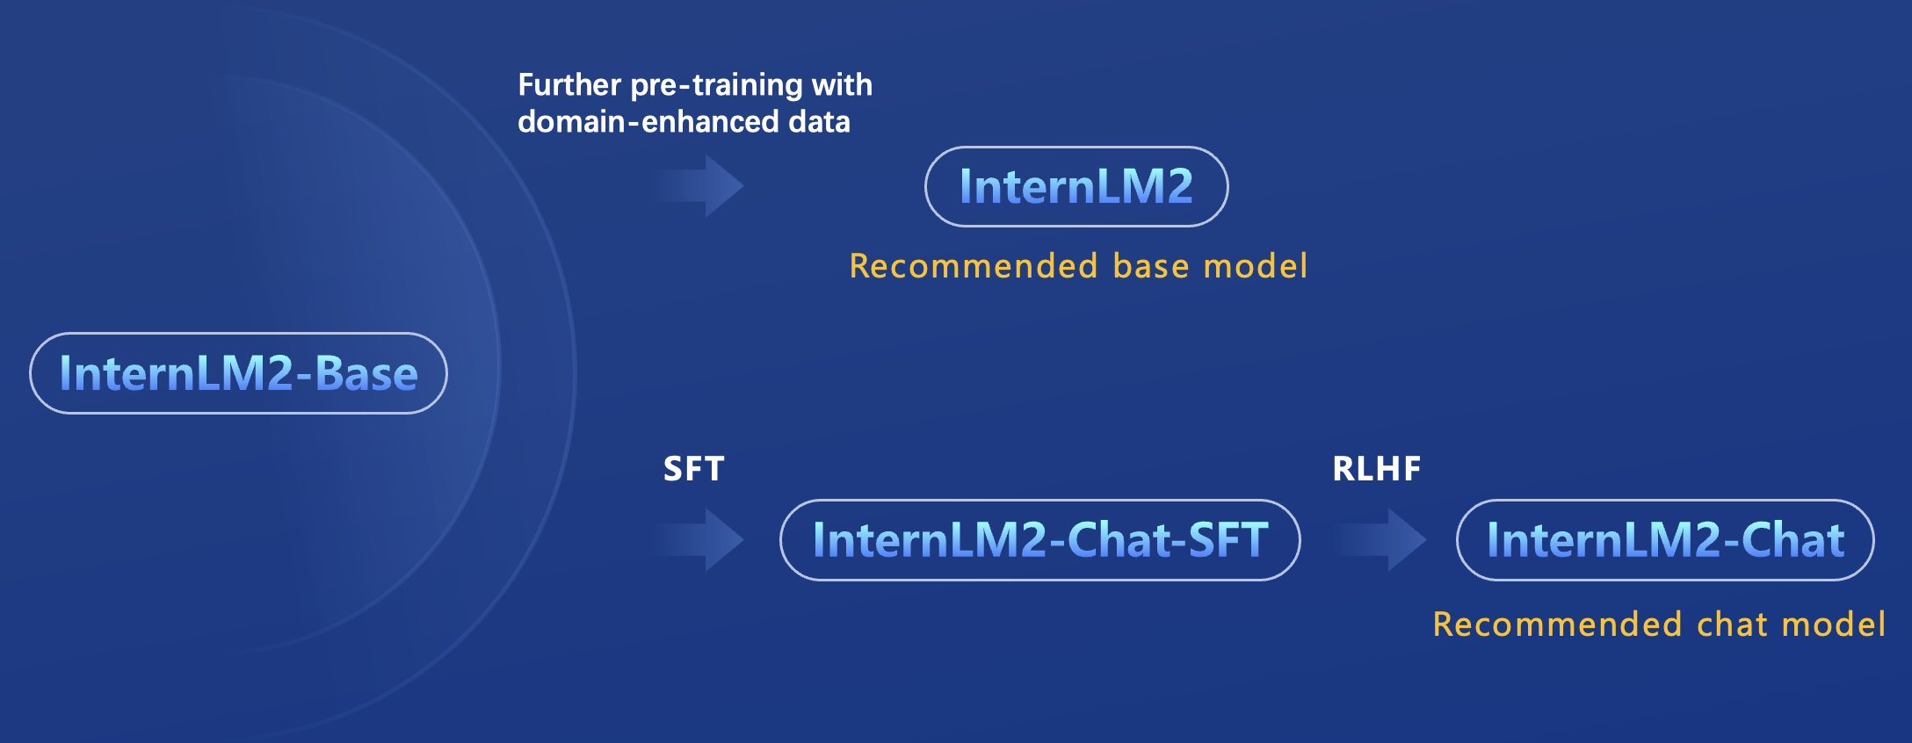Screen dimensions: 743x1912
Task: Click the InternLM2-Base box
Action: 238,373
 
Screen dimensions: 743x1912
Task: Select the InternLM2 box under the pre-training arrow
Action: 1076,187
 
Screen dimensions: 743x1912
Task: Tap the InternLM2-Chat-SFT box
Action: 1039,540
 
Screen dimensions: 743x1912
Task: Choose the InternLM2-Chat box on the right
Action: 1665,540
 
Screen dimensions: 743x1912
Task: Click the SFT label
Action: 693,469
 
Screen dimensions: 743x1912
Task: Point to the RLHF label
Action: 1376,469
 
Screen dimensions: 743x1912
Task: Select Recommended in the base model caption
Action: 974,266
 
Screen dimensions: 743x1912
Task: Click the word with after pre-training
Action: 842,85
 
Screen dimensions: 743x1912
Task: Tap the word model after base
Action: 1255,266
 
